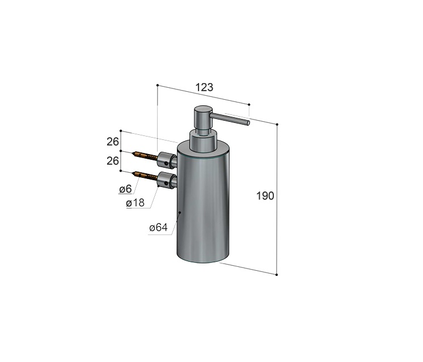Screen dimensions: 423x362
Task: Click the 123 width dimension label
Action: coord(204,87)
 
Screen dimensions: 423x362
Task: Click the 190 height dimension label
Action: coord(265,196)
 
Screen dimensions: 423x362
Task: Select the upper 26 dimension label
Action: coord(112,142)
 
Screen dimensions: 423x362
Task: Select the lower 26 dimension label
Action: coord(112,161)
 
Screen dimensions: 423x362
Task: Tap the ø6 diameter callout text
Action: coord(125,189)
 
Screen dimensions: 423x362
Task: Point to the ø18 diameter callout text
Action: coord(135,203)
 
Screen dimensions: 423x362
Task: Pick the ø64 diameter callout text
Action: coord(158,228)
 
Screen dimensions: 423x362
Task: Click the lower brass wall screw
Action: coord(145,176)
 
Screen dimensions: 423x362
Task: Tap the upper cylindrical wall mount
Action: coord(167,160)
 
